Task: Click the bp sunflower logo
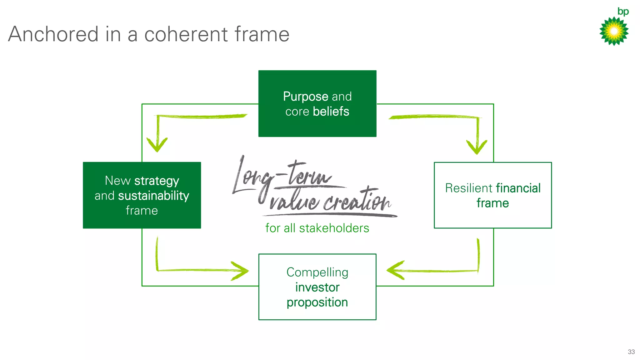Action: [x=614, y=31]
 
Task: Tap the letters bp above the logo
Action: [x=623, y=12]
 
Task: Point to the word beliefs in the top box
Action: [x=331, y=112]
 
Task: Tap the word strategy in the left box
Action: [x=157, y=181]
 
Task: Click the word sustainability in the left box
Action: [x=153, y=196]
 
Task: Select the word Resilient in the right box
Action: [x=468, y=188]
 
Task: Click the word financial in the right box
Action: [x=518, y=188]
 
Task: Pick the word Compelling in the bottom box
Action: [x=317, y=272]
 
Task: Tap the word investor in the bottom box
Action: [x=317, y=287]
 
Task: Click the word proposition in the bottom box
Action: [x=317, y=302]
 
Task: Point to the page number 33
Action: [x=631, y=352]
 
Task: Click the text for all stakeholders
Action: [x=317, y=228]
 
